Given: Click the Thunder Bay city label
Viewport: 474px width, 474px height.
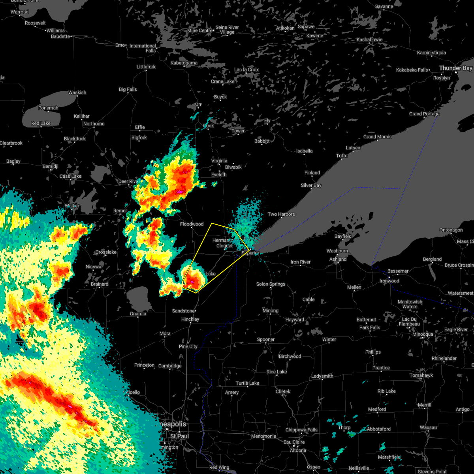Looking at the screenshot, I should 455,68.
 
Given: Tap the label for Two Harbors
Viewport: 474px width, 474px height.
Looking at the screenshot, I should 281,214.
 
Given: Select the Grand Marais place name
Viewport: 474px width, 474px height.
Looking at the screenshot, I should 378,137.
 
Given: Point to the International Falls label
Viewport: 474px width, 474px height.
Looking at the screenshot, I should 143,48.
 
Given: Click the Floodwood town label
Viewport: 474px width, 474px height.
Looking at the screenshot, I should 192,224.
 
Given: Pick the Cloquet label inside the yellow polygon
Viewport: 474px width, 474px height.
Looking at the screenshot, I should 224,246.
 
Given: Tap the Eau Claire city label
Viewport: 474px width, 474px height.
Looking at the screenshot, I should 293,442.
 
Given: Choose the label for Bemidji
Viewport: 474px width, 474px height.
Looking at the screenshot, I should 50,166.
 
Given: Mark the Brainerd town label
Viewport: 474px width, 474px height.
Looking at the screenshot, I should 100,284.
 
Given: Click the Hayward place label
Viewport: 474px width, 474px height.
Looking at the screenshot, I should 295,320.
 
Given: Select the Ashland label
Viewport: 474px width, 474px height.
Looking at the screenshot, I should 338,259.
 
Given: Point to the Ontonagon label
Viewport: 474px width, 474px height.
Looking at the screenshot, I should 451,230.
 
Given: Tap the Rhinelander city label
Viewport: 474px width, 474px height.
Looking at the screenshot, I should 444,358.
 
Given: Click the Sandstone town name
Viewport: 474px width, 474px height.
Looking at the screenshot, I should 183,311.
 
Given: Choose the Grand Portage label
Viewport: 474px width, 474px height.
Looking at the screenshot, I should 424,114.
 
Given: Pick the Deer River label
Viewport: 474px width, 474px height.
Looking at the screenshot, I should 128,181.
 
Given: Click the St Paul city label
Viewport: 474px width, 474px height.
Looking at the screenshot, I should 179,436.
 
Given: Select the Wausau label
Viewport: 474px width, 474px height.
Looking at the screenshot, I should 428,427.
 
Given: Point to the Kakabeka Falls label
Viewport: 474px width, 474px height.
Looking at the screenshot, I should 412,70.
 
